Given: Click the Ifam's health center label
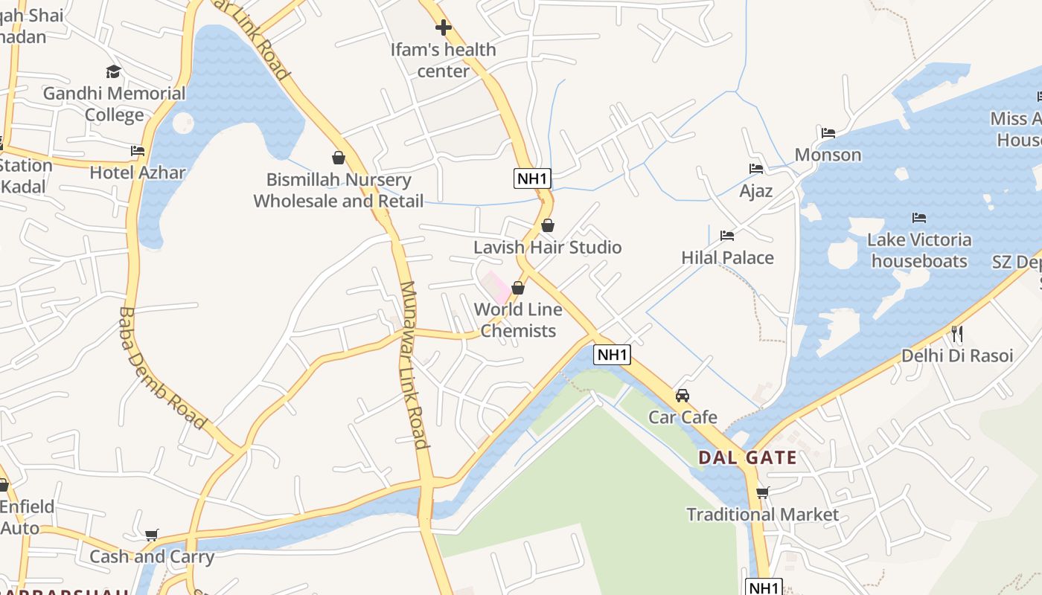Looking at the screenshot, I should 444,60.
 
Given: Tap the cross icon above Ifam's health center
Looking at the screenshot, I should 444,28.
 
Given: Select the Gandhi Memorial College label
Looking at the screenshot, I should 114,104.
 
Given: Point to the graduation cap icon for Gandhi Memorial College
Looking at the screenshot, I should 113,71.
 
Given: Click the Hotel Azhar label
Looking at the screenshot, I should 138,173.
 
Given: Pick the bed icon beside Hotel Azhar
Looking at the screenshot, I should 138,150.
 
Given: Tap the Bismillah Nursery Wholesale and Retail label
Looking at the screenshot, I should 339,190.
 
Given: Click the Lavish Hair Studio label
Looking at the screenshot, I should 548,247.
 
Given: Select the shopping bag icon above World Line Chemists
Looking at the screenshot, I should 518,288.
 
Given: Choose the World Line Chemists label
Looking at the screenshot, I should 518,320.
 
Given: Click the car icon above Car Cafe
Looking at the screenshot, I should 683,395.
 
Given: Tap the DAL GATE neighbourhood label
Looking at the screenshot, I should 747,457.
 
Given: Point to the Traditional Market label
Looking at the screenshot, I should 762,515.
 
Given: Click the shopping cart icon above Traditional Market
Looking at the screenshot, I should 762,492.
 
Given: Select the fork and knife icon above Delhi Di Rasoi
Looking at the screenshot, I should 957,333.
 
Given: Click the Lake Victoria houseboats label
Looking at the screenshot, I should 919,251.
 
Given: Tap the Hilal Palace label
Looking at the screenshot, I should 727,258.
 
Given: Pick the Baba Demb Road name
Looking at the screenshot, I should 162,368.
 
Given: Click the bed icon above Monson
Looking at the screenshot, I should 828,134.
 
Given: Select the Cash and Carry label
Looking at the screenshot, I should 152,556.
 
